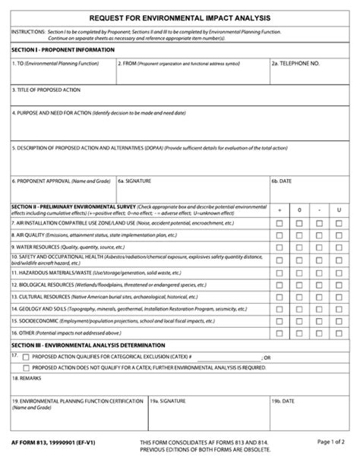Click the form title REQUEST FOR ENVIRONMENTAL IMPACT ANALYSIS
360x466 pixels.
[179, 17]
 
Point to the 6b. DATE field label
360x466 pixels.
[283, 181]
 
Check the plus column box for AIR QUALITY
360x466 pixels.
[279, 235]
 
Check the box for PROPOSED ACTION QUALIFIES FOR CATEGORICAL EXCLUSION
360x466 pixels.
[27, 357]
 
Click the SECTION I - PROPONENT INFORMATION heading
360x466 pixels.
[63, 49]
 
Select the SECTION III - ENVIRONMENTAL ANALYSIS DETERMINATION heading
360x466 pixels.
[89, 345]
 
